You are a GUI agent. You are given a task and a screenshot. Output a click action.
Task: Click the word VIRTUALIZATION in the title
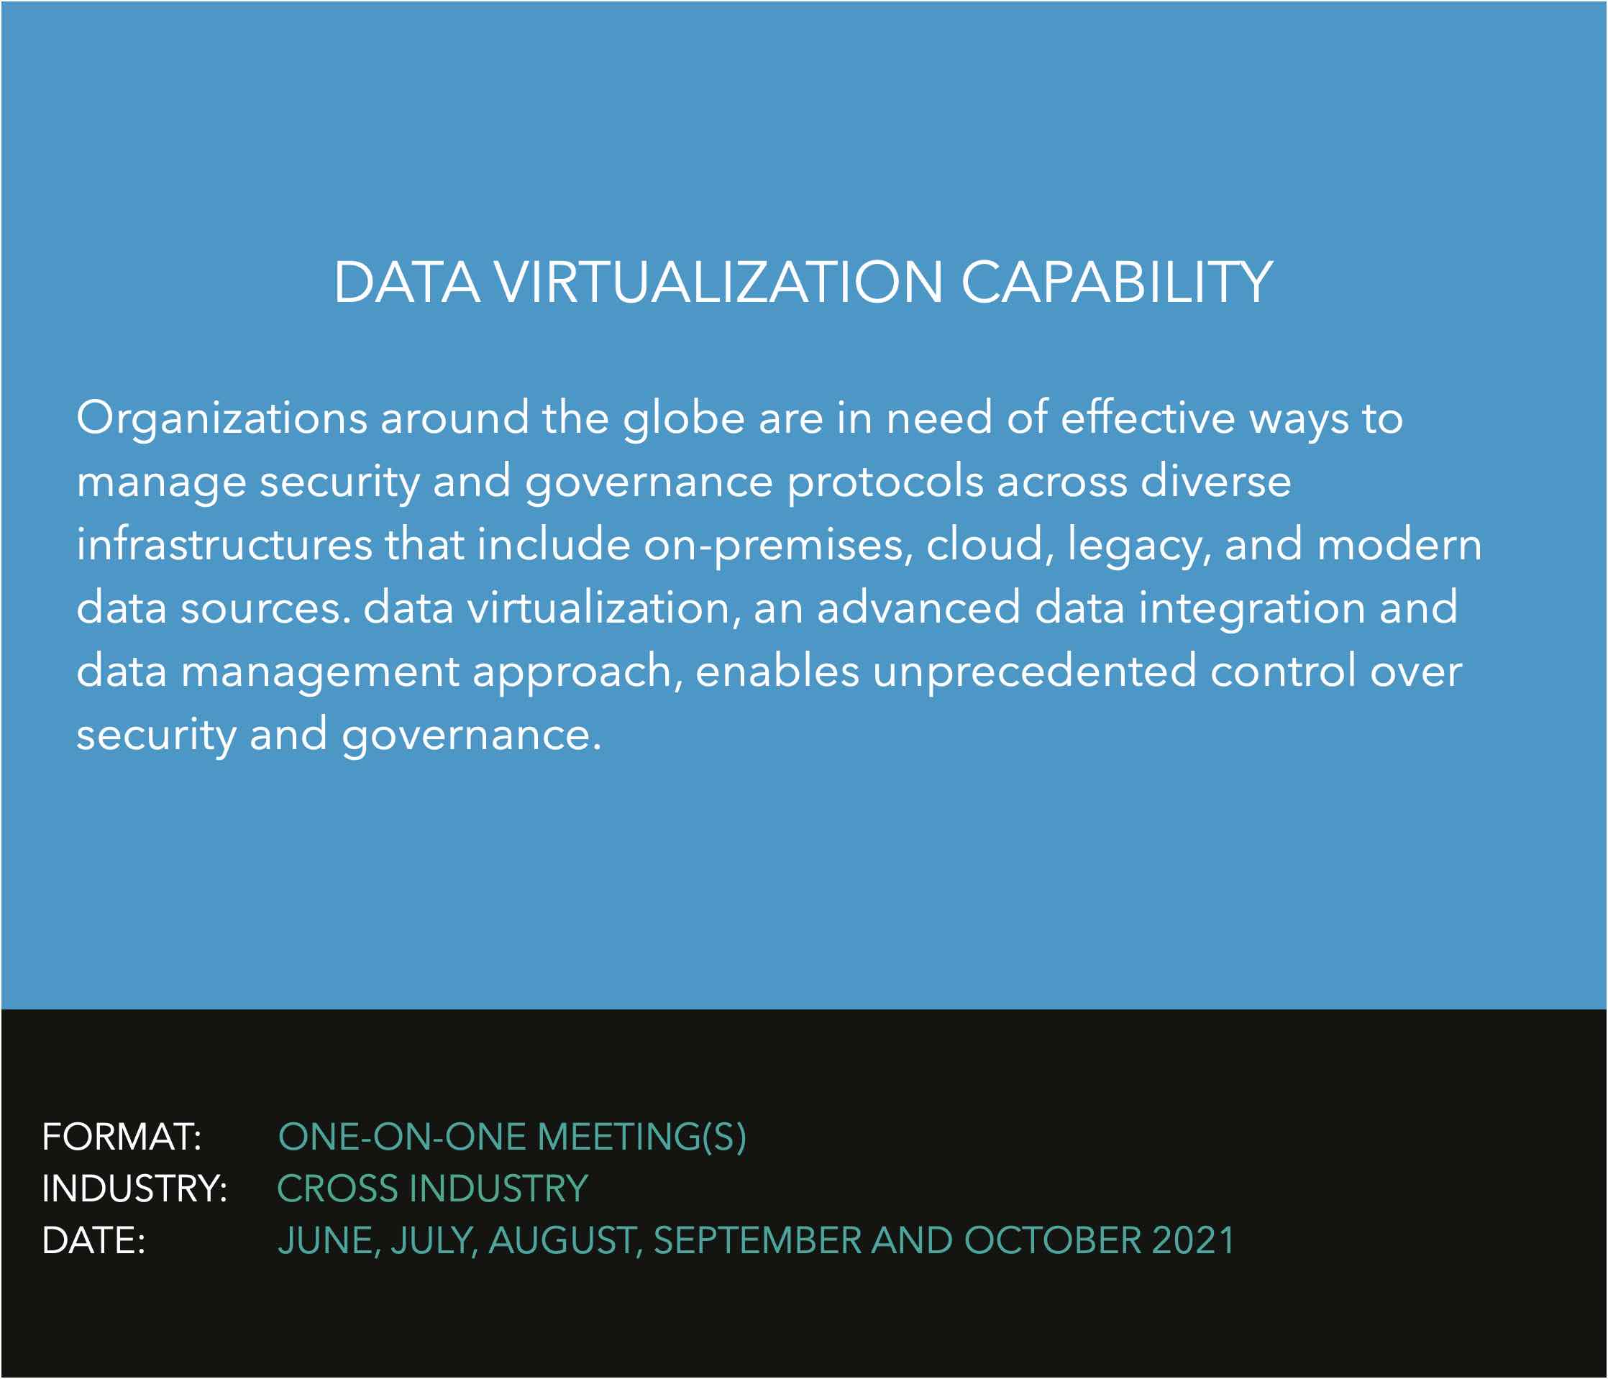click(718, 282)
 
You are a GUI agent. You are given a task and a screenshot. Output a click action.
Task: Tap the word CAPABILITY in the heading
click(1117, 282)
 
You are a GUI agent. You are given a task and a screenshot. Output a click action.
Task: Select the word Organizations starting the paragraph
click(222, 420)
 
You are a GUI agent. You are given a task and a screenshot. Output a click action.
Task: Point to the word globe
click(684, 420)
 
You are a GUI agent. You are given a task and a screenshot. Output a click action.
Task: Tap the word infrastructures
click(224, 544)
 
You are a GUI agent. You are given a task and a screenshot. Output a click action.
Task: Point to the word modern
click(1400, 544)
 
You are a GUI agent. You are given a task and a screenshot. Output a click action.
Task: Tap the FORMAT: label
click(122, 1137)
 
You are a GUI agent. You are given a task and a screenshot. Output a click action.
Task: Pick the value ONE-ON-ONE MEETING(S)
click(512, 1137)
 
